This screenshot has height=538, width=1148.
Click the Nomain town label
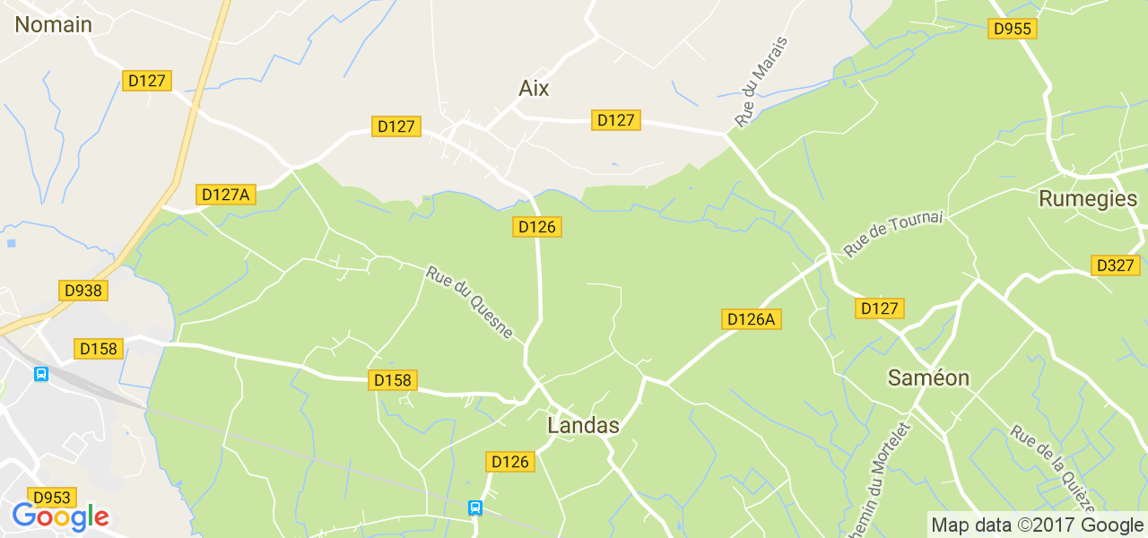tap(54, 24)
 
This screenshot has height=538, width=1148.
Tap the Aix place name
tap(534, 88)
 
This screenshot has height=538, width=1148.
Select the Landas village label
tap(583, 425)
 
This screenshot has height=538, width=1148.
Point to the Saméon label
tap(928, 377)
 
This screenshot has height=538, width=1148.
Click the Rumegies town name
tap(1087, 198)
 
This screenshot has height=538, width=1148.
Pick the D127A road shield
tap(226, 194)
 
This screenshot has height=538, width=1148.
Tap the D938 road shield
tap(83, 290)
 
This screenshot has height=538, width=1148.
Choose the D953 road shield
tap(52, 497)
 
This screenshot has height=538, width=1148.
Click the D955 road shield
tap(1013, 29)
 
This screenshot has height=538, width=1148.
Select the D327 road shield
tap(1116, 265)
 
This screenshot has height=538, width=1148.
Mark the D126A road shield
tap(751, 318)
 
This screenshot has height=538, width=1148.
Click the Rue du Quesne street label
tap(469, 303)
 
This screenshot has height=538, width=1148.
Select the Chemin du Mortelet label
tap(890, 475)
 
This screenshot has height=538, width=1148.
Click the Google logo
tap(60, 517)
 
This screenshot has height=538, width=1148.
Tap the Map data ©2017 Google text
tap(1036, 525)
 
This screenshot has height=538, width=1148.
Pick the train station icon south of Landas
tap(475, 508)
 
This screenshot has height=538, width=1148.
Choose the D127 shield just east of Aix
tap(615, 120)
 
